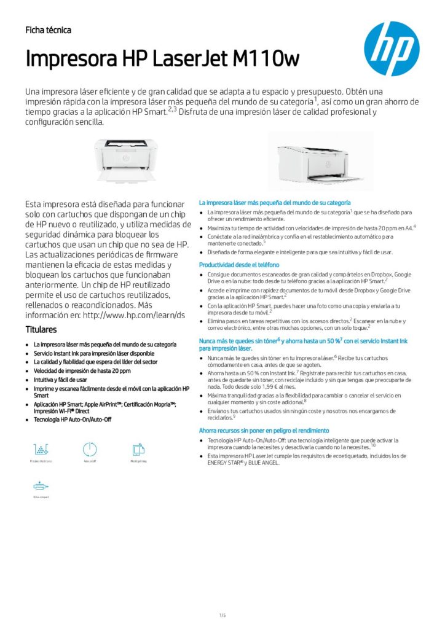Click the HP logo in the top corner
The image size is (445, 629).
[x=391, y=49]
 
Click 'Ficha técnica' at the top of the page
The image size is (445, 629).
[x=48, y=30]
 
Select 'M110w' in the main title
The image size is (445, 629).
[x=266, y=60]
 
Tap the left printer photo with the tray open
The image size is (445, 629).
[x=125, y=159]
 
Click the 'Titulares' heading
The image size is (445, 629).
[x=41, y=329]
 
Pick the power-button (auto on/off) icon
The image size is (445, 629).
[x=90, y=449]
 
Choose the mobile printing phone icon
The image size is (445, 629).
[x=138, y=449]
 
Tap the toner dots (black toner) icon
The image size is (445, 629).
[x=40, y=449]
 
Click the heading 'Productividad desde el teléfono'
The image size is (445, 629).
[x=239, y=265]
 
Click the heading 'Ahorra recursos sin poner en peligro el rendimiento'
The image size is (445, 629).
[x=264, y=431]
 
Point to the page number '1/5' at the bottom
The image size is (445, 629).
[x=222, y=598]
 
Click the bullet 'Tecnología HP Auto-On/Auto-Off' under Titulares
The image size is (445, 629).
[x=73, y=419]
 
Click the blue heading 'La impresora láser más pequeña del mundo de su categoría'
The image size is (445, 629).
[x=275, y=202]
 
